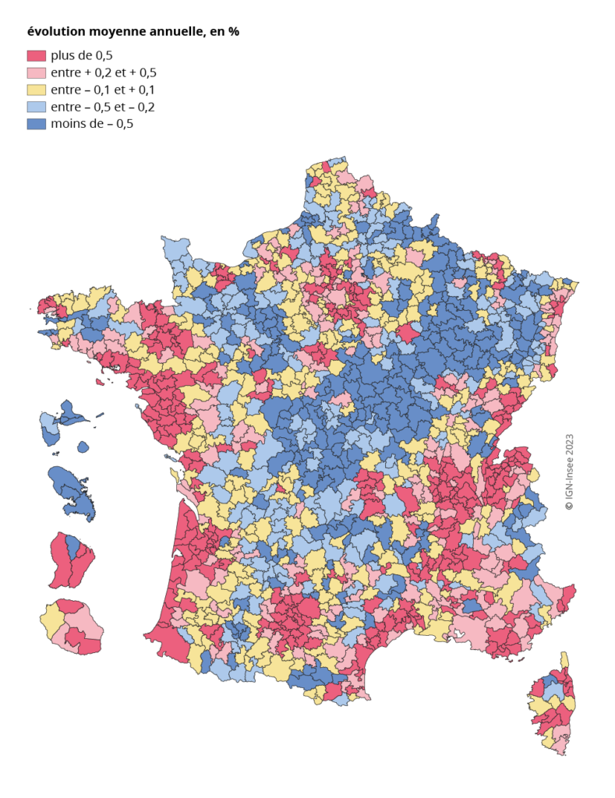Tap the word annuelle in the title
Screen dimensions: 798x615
pos(175,32)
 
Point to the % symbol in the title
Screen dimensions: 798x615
pos(233,32)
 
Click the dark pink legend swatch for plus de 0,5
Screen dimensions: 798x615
pos(37,55)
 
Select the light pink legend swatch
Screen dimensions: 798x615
pos(37,72)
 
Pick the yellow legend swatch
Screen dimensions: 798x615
pos(37,90)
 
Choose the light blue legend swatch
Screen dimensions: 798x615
pos(37,107)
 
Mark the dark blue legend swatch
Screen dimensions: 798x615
pos(37,124)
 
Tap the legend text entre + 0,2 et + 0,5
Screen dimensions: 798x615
pos(109,72)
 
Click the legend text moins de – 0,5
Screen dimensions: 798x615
pos(92,124)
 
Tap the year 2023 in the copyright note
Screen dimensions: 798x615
pos(569,446)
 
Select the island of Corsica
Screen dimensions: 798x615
pos(553,705)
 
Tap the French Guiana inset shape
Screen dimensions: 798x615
pos(69,560)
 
